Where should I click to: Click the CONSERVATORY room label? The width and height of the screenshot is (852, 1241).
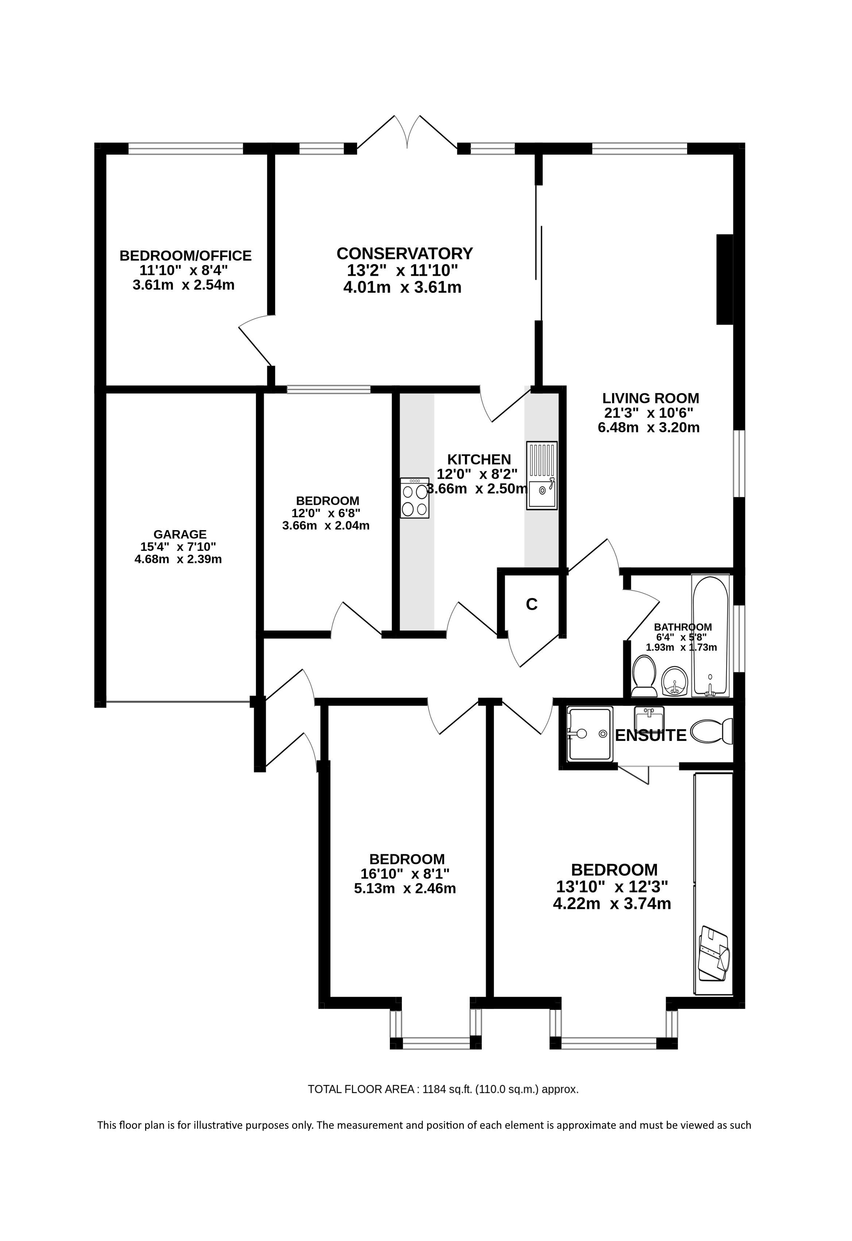coord(404,253)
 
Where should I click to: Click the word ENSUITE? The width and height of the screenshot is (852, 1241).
coord(651,735)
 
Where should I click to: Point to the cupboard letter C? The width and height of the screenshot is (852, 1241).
coord(531,604)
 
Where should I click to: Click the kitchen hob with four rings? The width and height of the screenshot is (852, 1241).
coord(415,498)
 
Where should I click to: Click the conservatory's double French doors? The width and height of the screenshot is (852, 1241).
coord(407,131)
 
